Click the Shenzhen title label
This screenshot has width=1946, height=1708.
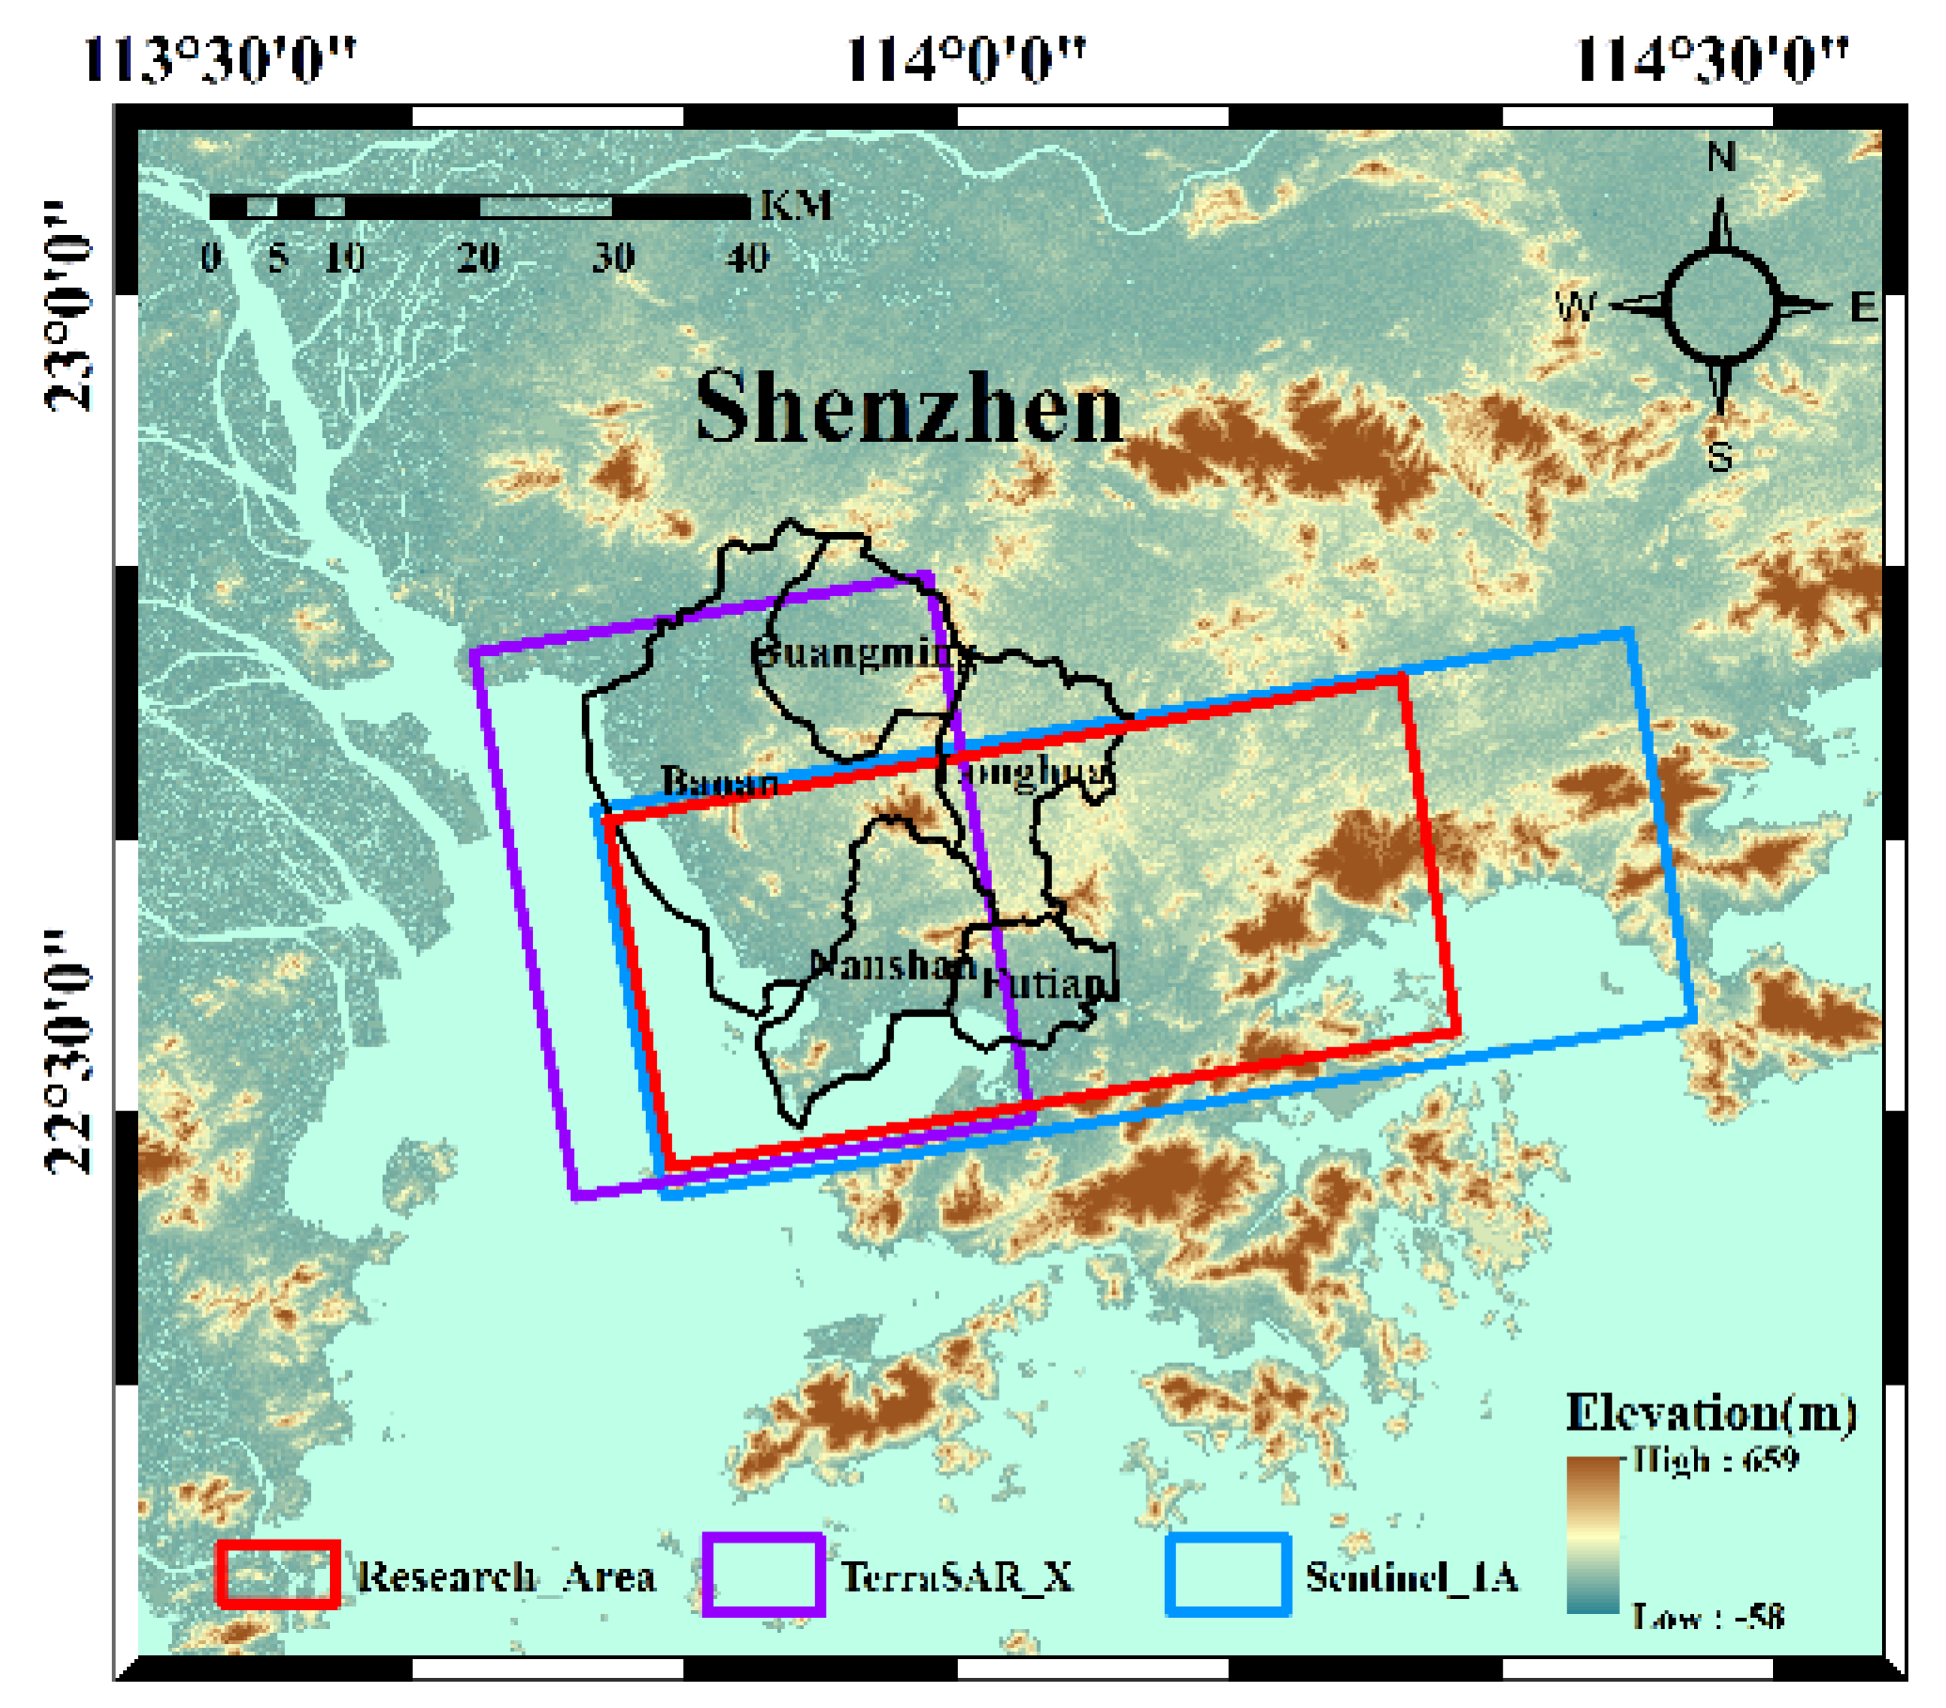909,410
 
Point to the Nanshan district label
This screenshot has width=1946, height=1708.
893,966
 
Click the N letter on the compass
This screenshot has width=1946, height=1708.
1720,156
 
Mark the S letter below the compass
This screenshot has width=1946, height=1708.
1719,458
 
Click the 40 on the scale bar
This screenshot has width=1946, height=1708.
747,258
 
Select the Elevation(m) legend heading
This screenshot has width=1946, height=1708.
1711,1413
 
